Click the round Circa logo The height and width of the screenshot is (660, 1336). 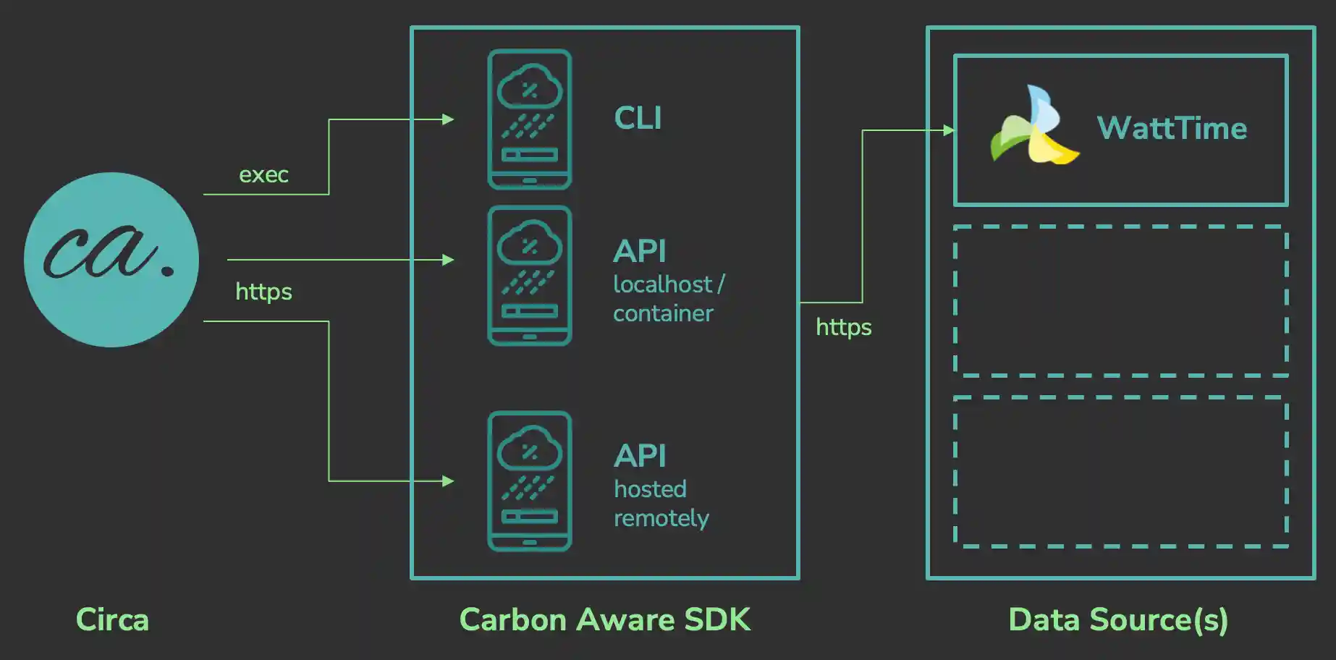click(x=111, y=259)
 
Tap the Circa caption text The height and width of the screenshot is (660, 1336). click(x=112, y=620)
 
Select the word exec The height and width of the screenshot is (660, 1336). click(x=263, y=175)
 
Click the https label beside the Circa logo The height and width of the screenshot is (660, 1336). click(x=263, y=292)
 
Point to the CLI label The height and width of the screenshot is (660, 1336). click(x=638, y=119)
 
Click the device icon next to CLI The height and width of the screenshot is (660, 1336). click(x=530, y=119)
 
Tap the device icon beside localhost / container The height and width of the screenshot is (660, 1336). click(x=530, y=276)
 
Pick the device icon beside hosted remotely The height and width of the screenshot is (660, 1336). click(x=530, y=481)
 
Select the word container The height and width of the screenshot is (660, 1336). click(x=663, y=313)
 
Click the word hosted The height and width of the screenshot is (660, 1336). click(x=650, y=489)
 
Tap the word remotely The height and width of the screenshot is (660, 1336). click(x=661, y=518)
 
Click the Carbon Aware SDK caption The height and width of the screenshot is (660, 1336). click(x=605, y=620)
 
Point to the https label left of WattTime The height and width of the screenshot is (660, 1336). click(x=843, y=327)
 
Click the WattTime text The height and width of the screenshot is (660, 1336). click(x=1172, y=129)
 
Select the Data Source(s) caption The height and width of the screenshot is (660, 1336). click(x=1118, y=620)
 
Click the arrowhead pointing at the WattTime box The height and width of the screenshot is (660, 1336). click(x=949, y=130)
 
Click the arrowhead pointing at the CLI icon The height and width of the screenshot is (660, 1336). click(x=448, y=119)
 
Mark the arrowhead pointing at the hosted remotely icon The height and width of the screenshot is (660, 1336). click(x=448, y=481)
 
